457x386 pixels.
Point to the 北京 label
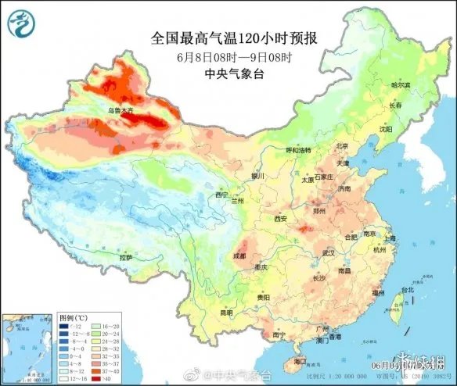[341, 146]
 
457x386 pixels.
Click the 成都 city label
[239, 256]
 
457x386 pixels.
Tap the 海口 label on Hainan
[300, 362]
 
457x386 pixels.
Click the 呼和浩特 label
[297, 149]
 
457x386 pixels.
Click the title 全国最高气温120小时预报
[237, 37]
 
